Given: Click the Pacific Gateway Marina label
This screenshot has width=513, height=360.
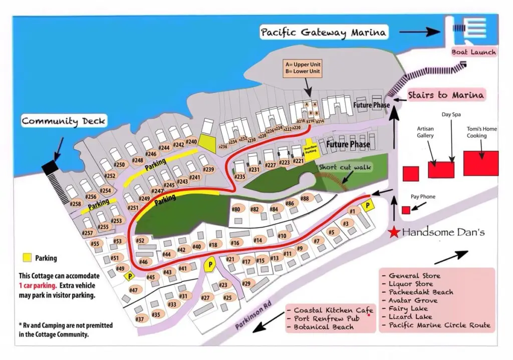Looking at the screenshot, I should click(x=324, y=33).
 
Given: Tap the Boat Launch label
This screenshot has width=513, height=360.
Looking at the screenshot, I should click(x=473, y=52).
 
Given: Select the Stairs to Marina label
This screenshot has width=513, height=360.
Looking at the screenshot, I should click(x=445, y=95).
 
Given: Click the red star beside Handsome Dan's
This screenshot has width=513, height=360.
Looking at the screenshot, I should click(x=395, y=232).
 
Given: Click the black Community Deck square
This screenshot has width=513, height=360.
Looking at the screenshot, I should click(x=50, y=168).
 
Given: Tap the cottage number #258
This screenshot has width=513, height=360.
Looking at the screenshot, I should click(x=75, y=204).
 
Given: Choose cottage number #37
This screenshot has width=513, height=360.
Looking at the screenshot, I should click(x=140, y=319).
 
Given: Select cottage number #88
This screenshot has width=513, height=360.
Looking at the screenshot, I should click(x=305, y=198).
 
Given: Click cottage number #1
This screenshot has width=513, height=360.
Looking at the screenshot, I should click(x=352, y=211).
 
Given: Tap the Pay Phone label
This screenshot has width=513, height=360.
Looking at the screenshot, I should click(x=423, y=197).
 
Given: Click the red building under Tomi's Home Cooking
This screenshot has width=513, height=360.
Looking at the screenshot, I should click(x=480, y=163).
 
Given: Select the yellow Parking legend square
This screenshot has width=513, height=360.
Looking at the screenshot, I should click(x=27, y=258).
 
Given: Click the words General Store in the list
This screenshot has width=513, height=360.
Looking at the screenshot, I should click(x=414, y=275).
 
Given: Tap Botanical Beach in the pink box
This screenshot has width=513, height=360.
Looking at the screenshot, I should click(x=323, y=327).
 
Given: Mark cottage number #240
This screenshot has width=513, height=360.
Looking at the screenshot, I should click(x=191, y=142).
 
